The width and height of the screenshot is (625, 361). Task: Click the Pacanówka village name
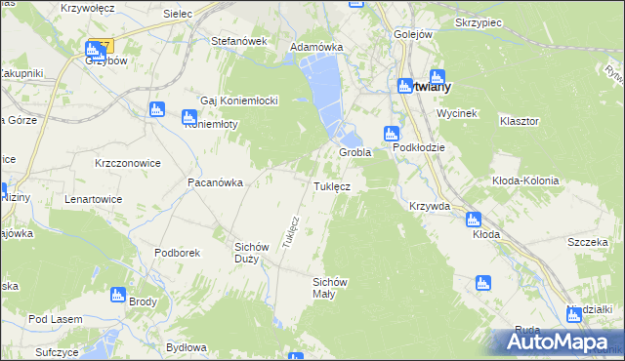point(215,182)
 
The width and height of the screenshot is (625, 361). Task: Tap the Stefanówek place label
point(239,41)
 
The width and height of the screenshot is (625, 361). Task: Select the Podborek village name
point(177,253)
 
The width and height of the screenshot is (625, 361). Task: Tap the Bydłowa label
point(187,347)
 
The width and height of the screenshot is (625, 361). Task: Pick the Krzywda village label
point(430,206)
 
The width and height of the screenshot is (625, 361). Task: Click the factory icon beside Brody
point(119,294)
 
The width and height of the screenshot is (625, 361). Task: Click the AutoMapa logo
point(557,341)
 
